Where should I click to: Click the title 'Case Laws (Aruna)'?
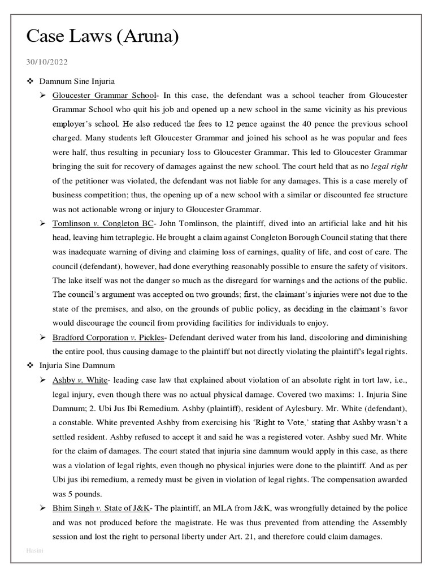(x=103, y=37)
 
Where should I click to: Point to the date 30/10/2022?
(x=47, y=62)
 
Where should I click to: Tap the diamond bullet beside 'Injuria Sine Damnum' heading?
(x=32, y=366)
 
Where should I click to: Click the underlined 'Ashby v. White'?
(x=79, y=380)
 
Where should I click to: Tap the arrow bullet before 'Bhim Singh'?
(x=42, y=508)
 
